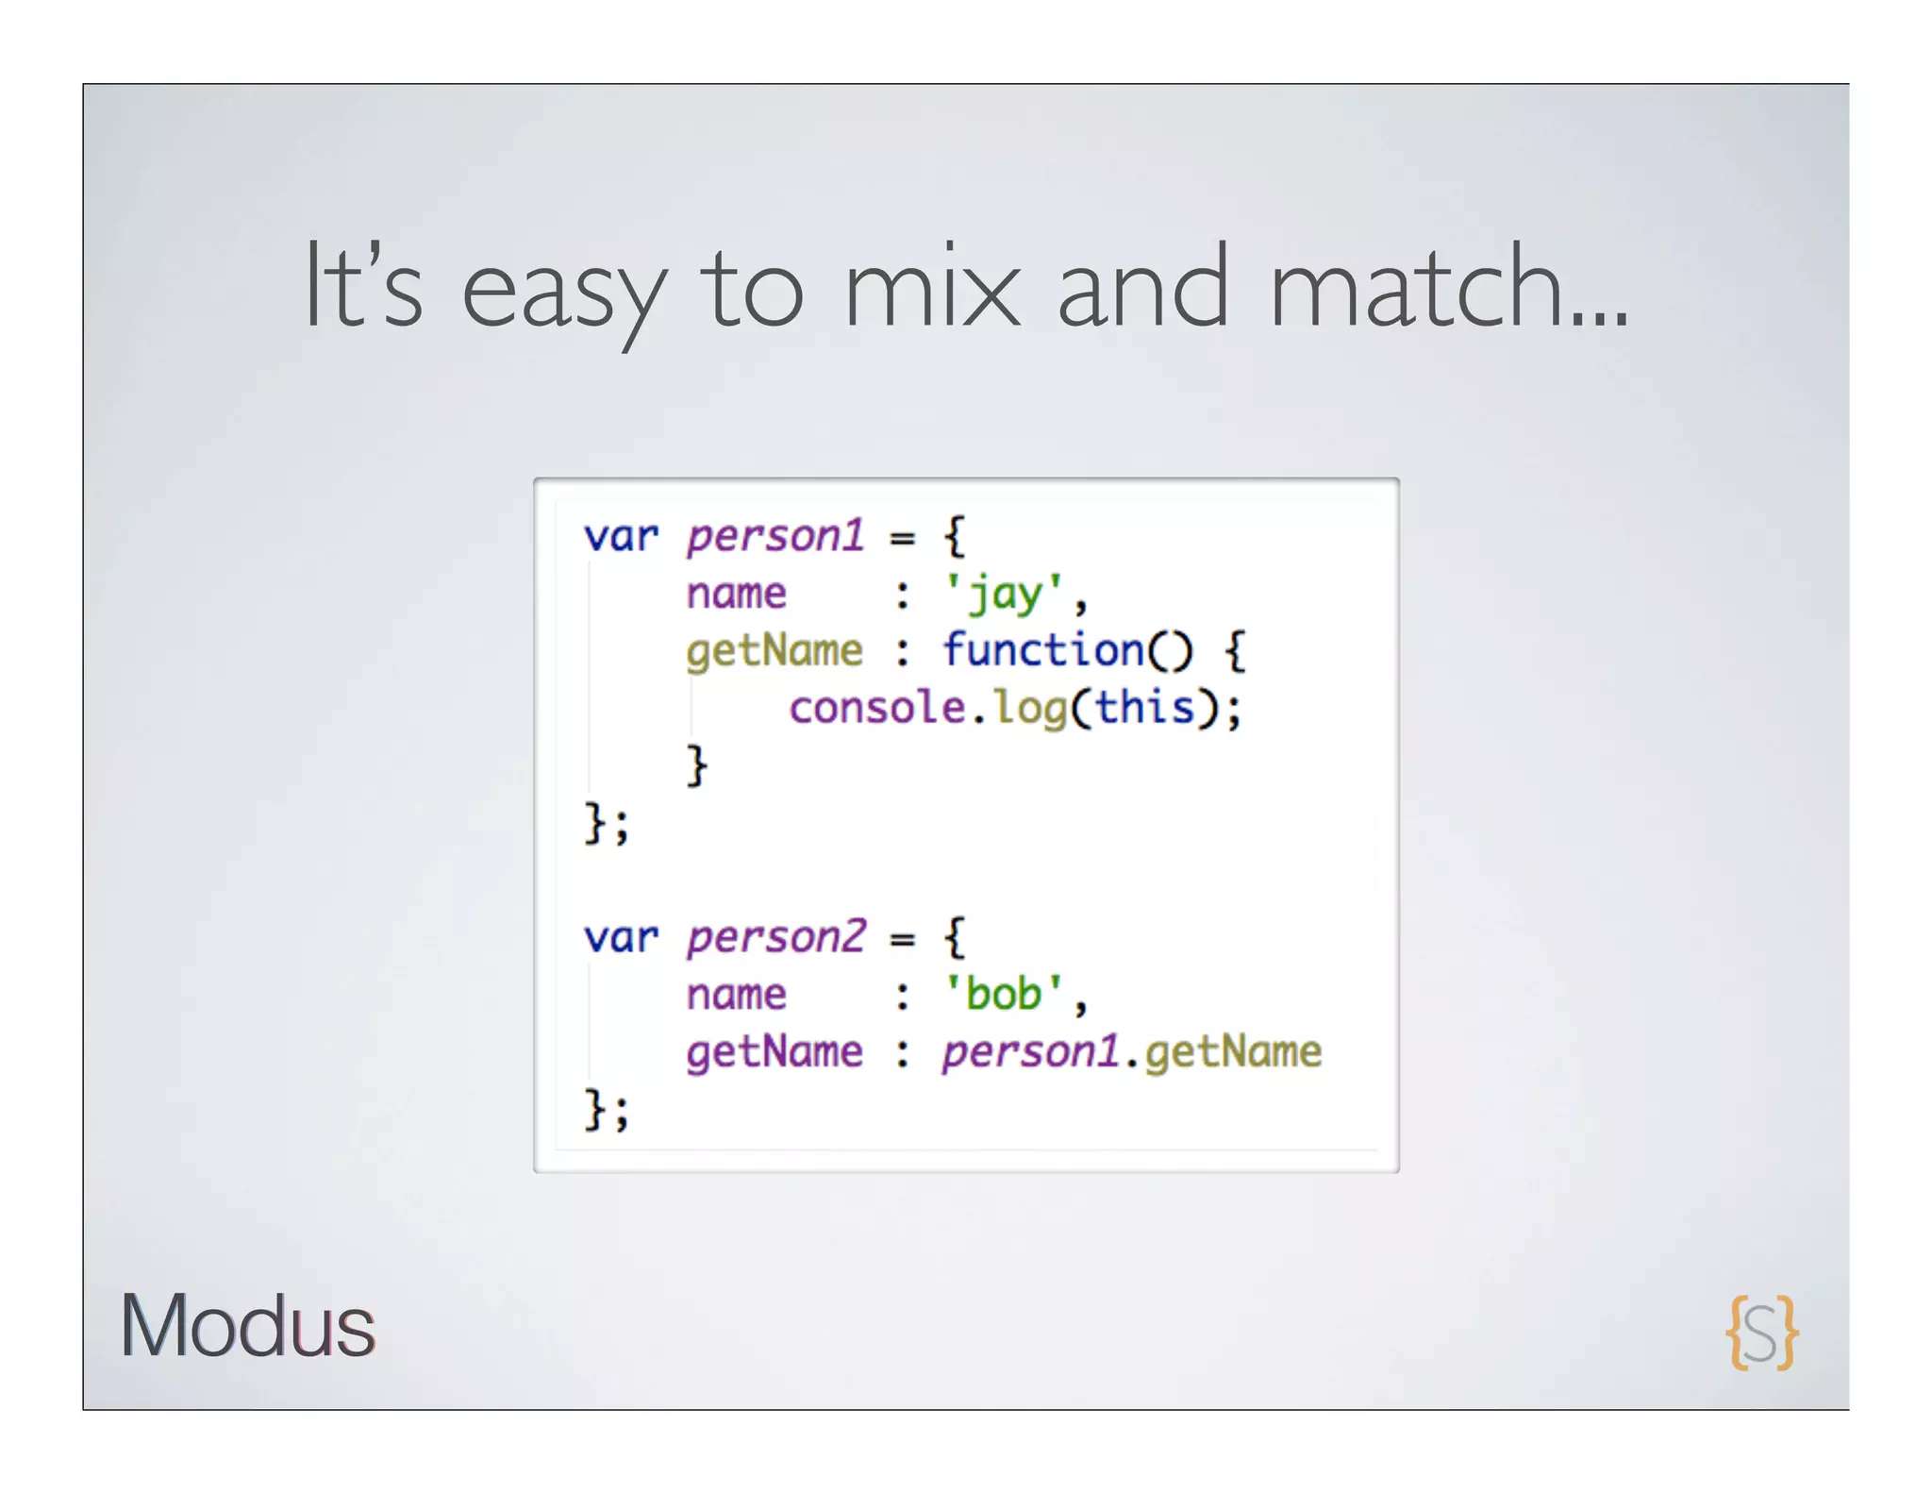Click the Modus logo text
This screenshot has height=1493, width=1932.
pos(247,1326)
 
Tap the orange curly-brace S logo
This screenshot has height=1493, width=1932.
pos(1761,1332)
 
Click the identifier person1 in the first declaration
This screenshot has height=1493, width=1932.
pos(774,536)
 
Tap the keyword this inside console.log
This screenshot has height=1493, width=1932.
pos(1144,708)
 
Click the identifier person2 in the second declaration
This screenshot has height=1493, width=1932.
pos(774,937)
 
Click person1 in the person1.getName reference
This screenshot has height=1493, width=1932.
pos(1030,1052)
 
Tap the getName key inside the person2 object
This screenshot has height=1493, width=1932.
pos(774,1053)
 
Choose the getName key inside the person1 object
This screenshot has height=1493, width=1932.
pos(774,652)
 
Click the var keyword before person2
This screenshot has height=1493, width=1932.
pos(620,938)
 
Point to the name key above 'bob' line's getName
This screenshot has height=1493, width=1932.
pos(736,995)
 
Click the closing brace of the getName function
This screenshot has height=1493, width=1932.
pos(696,764)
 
